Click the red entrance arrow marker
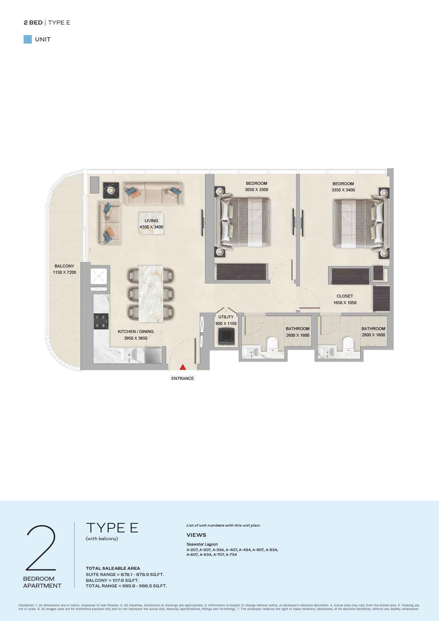[x=183, y=367]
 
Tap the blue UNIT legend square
[x=28, y=40]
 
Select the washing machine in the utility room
[x=226, y=336]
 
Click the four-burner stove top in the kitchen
[x=101, y=321]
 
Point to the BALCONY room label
[x=64, y=266]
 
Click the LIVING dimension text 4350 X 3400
[x=151, y=227]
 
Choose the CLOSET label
[x=345, y=296]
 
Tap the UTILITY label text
[x=226, y=317]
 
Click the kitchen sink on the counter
[x=129, y=354]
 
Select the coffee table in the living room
[x=151, y=223]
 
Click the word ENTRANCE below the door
[x=183, y=378]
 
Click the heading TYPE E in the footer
[x=112, y=528]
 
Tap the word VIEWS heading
[x=196, y=535]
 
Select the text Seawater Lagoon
[x=202, y=544]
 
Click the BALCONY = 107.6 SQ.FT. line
[x=112, y=580]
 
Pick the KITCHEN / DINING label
[x=135, y=332]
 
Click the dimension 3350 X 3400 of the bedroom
[x=343, y=190]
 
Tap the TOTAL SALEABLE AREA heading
[x=113, y=568]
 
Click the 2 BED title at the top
[x=33, y=23]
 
